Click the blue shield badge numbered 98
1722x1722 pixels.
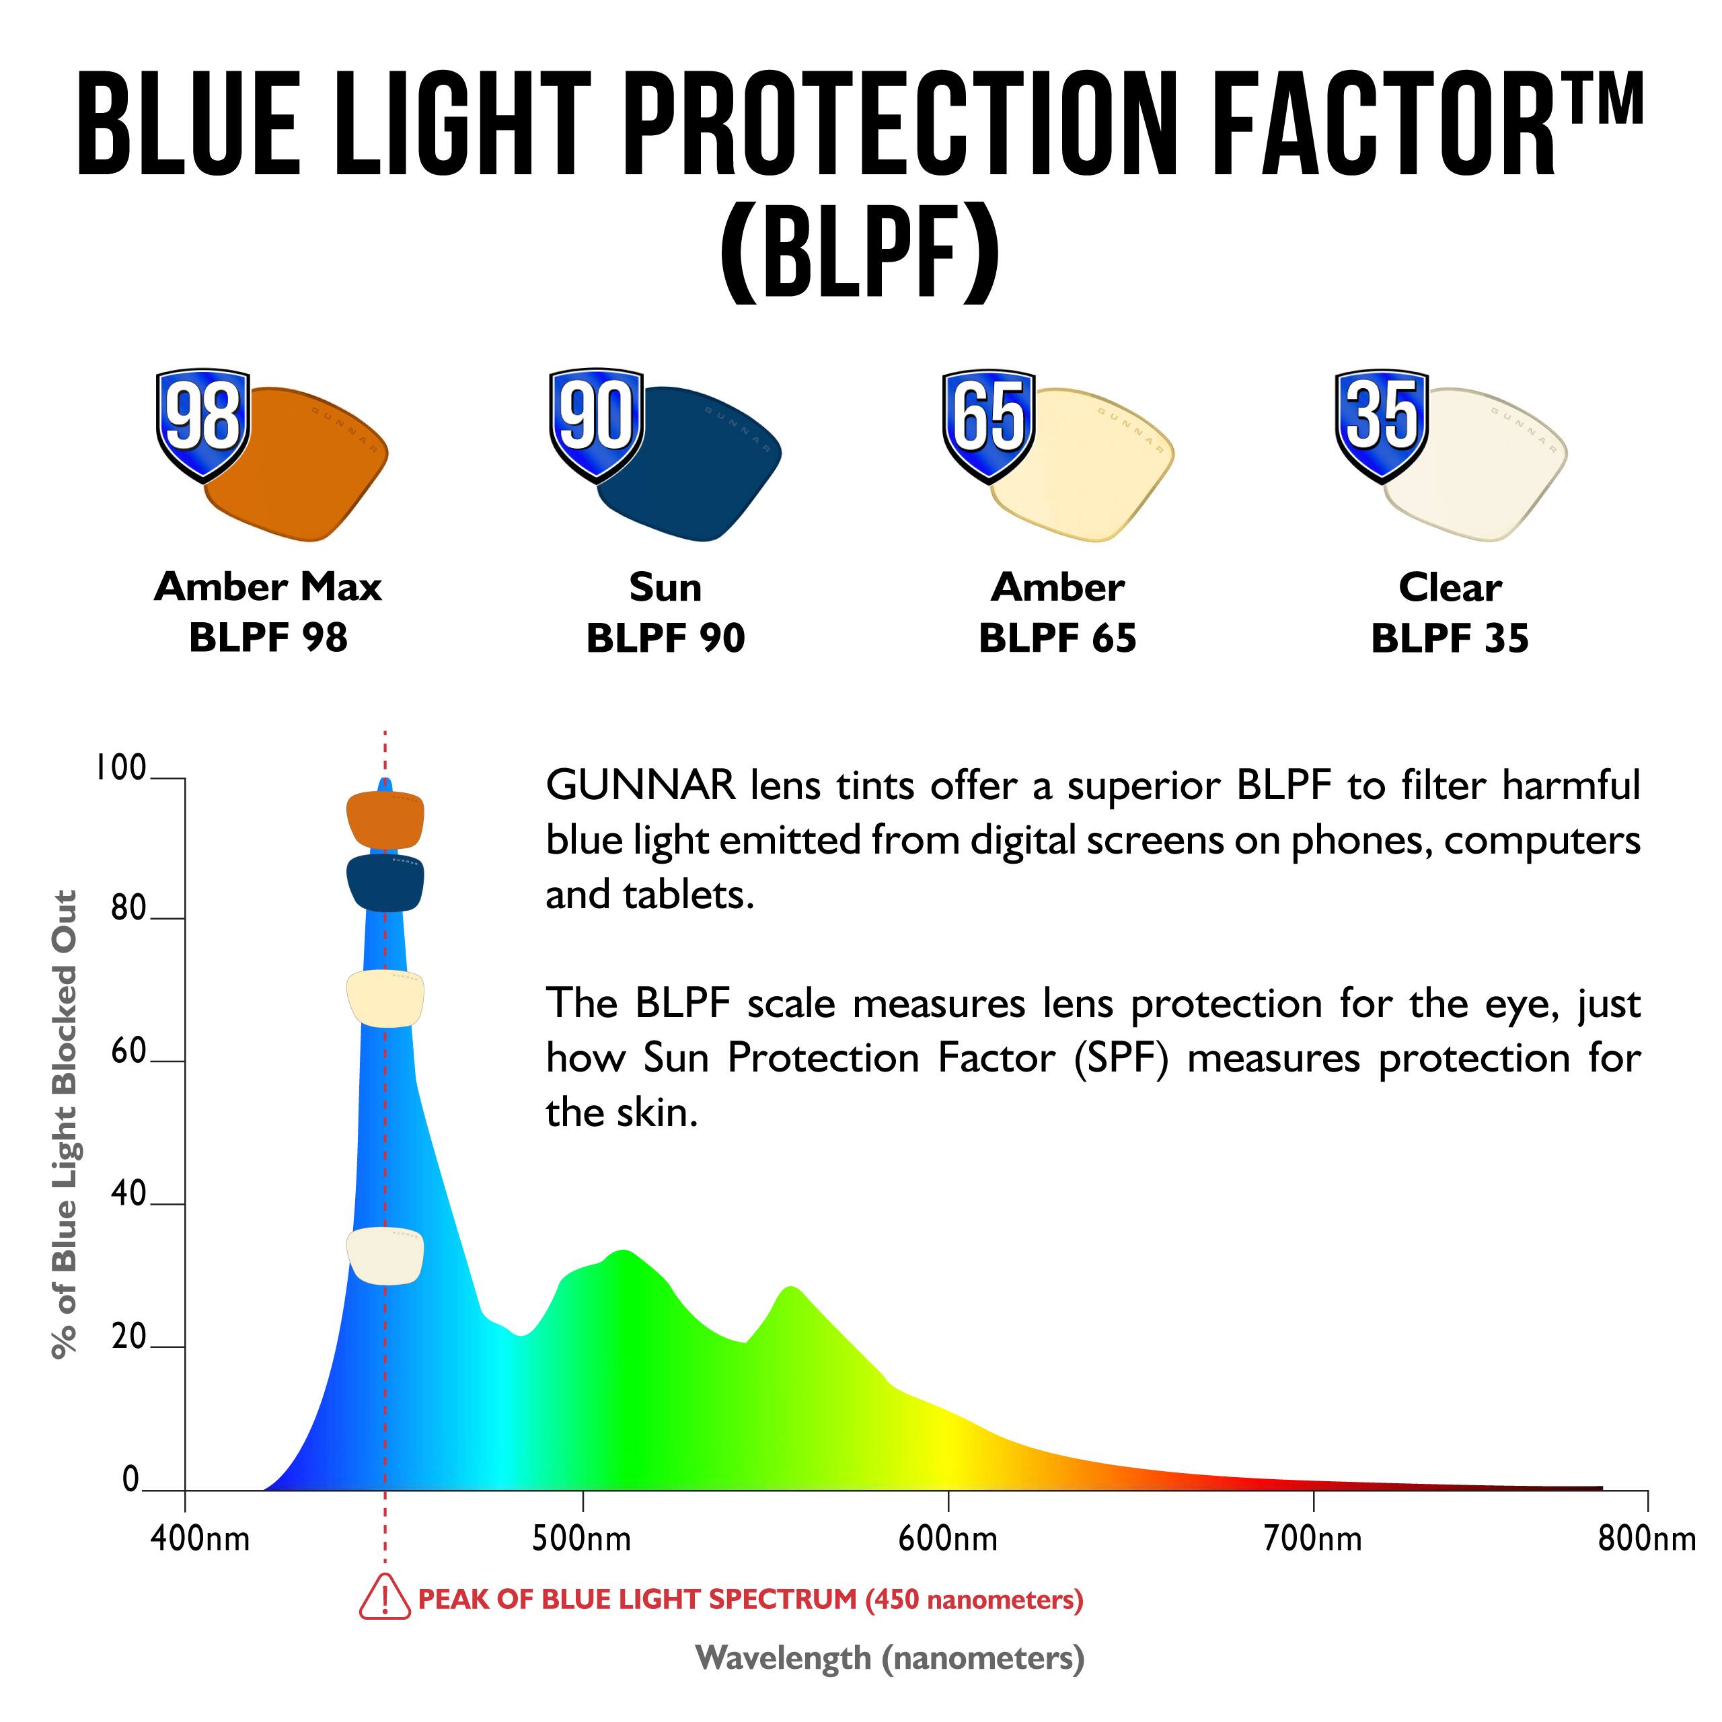coord(202,422)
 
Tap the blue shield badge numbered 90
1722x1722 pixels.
coord(596,422)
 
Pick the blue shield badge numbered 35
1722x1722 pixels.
coord(1382,422)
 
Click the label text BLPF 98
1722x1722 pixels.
coord(268,638)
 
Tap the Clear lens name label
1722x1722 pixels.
coord(1450,587)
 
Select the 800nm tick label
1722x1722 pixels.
coord(1646,1539)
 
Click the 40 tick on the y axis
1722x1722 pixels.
coord(127,1195)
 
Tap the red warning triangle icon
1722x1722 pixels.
coord(384,1597)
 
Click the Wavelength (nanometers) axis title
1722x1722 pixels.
coord(889,1659)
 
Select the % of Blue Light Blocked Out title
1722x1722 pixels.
coord(64,1124)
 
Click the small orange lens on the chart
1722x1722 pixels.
coord(385,819)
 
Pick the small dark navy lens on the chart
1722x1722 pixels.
coord(385,883)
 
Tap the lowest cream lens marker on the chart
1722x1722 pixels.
coord(385,1256)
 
